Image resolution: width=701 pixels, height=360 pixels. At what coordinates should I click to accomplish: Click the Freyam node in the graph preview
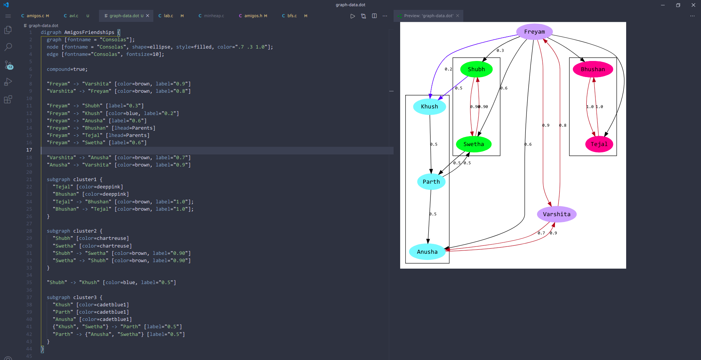point(534,32)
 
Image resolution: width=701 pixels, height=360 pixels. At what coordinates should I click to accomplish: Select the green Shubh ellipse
point(476,69)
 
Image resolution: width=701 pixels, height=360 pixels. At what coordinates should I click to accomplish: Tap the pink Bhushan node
point(593,69)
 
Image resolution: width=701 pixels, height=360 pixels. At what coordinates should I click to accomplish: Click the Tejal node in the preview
point(599,144)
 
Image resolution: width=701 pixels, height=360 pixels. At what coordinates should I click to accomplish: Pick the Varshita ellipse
point(556,214)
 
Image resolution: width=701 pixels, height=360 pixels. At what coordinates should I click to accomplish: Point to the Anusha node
point(427,252)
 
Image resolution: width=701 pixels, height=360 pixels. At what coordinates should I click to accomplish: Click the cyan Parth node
point(431,182)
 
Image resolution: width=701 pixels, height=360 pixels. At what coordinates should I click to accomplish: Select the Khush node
point(429,107)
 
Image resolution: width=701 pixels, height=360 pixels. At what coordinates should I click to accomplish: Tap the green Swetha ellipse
point(474,144)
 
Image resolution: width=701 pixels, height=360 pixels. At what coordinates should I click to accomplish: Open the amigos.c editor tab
point(35,16)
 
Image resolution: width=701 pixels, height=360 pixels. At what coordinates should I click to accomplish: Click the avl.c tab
point(74,16)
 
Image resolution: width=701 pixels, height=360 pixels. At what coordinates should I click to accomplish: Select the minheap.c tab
point(214,16)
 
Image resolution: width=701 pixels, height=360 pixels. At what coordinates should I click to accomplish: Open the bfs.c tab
point(292,16)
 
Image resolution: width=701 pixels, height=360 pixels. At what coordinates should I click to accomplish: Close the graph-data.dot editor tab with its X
point(148,16)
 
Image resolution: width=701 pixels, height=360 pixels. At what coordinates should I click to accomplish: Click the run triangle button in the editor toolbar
point(352,16)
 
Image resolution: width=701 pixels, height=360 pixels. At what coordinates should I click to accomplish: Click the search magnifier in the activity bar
point(8,47)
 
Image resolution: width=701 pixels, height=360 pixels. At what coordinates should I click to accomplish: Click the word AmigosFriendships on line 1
point(89,32)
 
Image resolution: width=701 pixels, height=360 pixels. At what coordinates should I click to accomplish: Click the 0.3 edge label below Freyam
point(500,51)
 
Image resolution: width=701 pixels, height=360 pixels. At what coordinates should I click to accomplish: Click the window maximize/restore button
point(678,5)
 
